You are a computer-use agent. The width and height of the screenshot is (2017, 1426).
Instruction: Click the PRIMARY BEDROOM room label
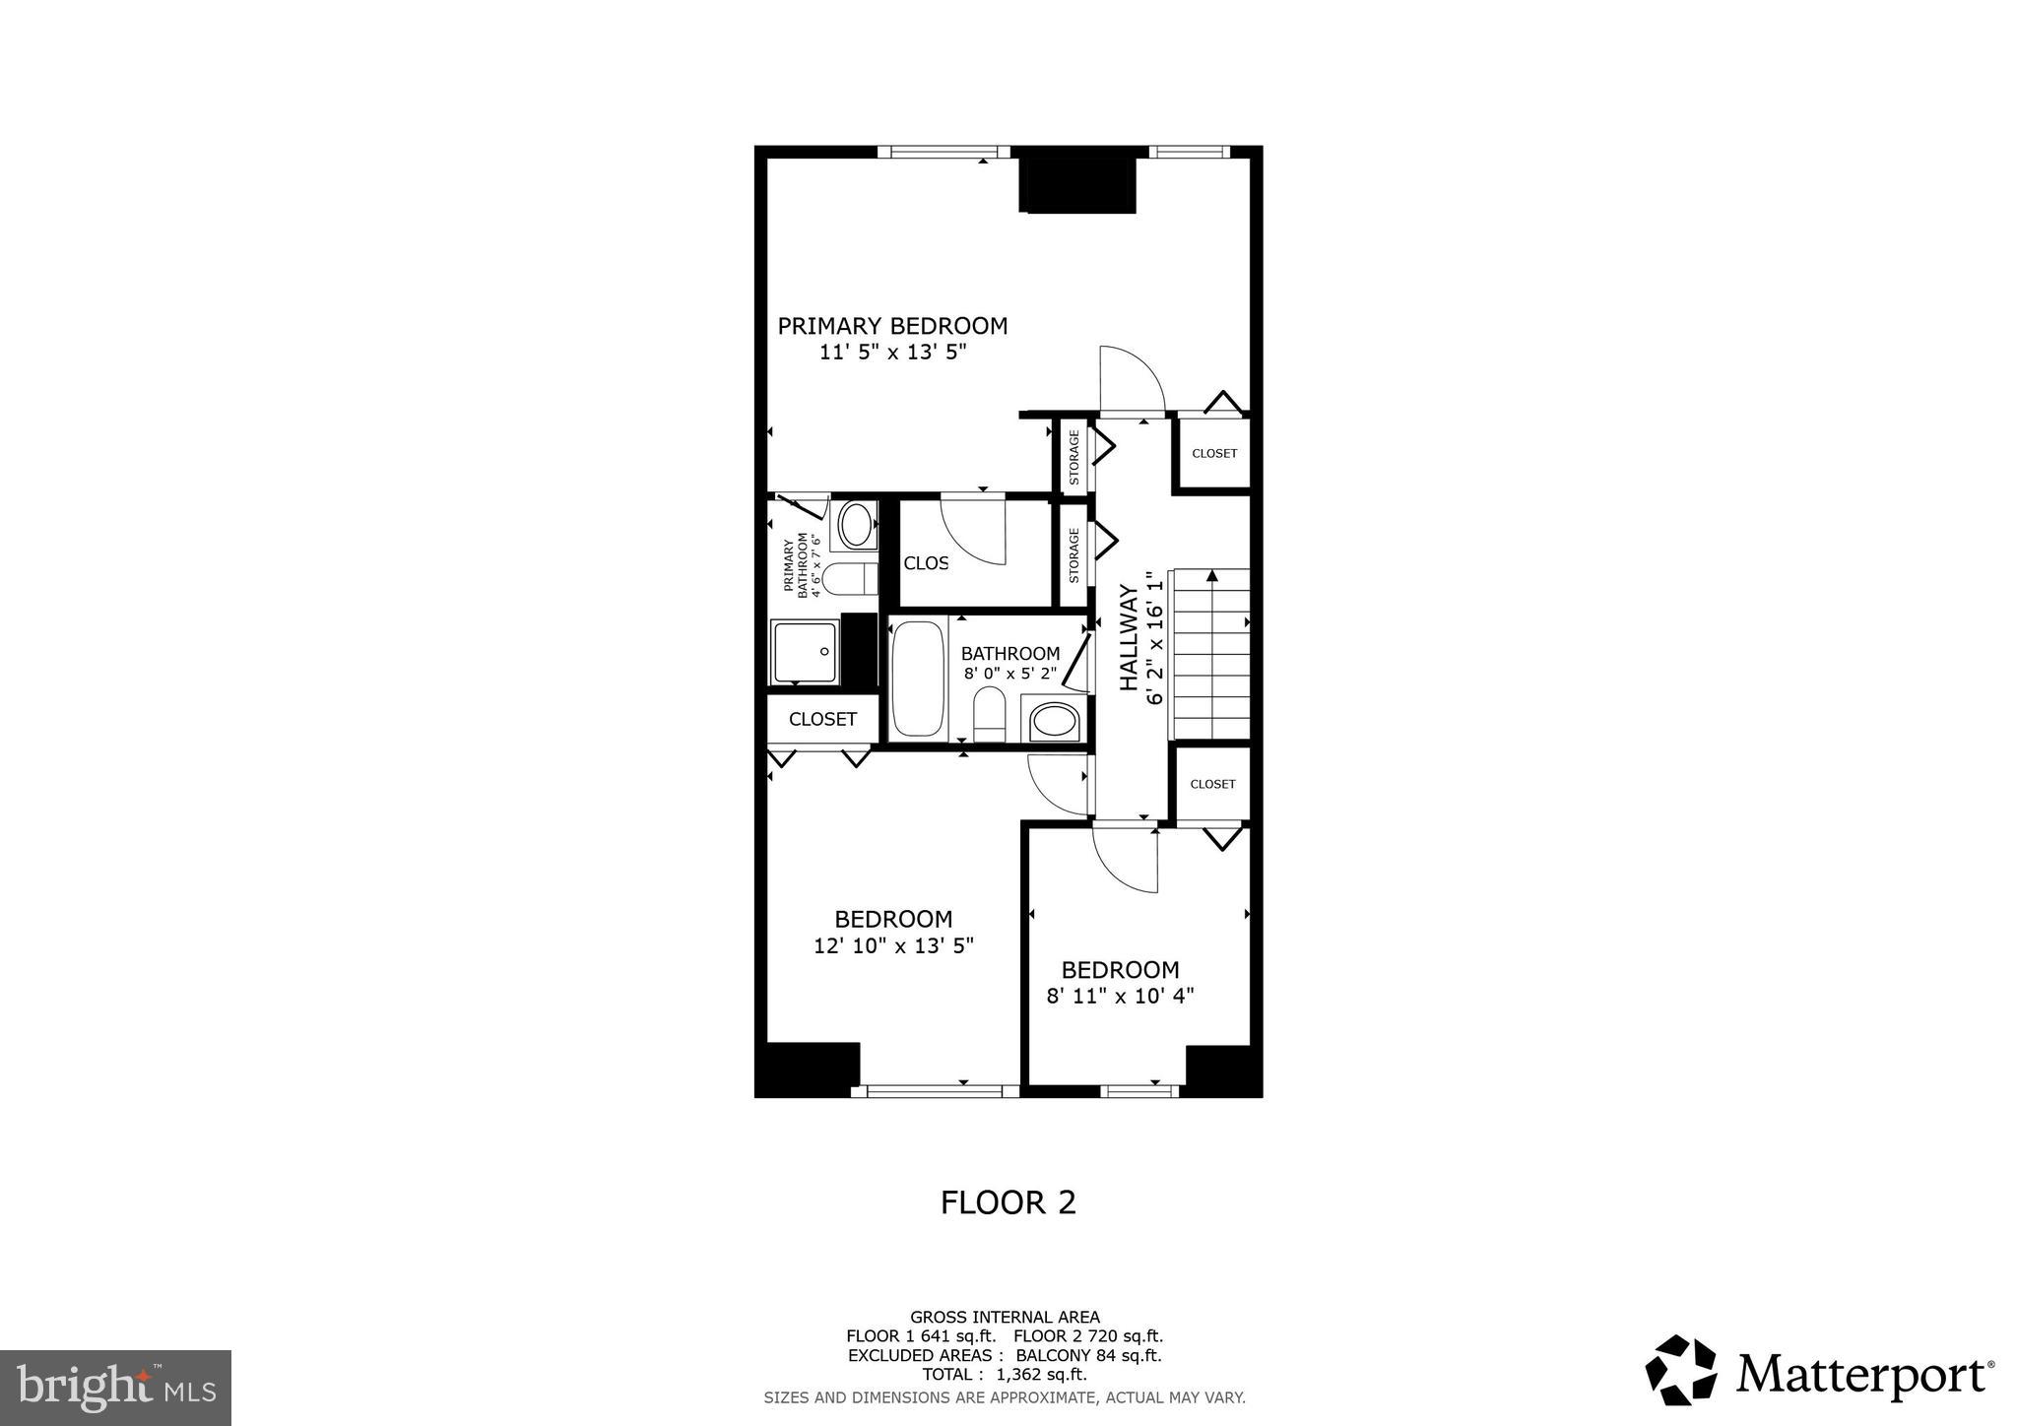tap(892, 326)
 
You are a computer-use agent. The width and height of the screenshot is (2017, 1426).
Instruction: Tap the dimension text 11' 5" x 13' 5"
tap(892, 353)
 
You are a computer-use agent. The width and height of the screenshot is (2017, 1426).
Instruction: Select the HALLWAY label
tap(1129, 638)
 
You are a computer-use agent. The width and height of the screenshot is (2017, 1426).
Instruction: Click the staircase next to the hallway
tap(1209, 654)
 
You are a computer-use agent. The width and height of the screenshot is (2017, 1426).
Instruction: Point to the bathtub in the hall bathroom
tap(917, 679)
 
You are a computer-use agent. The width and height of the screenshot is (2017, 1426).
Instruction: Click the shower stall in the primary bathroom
tap(805, 652)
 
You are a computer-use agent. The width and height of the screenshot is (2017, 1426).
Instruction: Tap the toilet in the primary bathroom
tap(848, 579)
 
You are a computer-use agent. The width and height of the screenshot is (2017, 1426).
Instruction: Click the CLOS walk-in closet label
tap(926, 563)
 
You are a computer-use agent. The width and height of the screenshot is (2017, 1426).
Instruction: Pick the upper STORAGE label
tap(1074, 457)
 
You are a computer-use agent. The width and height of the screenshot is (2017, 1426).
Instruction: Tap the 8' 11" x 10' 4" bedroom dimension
tap(1120, 996)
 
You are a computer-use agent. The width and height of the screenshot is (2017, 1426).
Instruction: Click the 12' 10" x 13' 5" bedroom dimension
tap(893, 945)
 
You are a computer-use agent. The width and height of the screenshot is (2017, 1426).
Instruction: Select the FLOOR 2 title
tap(1008, 1202)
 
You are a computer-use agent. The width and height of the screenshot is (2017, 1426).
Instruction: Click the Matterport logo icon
tap(1680, 1370)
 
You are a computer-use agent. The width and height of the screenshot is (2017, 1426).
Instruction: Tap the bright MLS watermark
tap(115, 1388)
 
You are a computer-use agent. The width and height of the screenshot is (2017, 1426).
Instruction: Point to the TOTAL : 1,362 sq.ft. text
tap(1004, 1374)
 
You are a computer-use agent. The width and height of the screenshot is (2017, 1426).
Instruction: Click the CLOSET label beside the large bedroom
tap(822, 720)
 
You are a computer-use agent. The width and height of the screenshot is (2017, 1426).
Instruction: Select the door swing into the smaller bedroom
tap(1126, 859)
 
